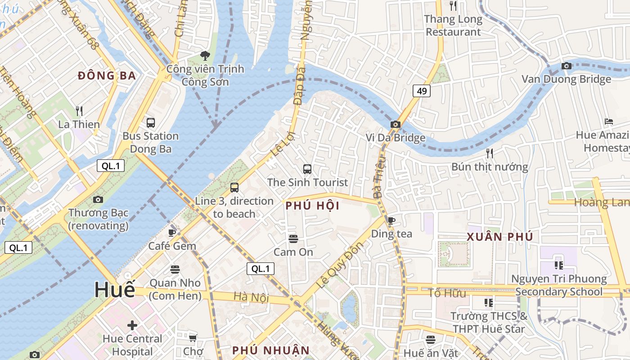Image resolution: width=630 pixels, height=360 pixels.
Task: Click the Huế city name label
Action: (114, 289)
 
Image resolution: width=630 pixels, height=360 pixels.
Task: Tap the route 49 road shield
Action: (422, 91)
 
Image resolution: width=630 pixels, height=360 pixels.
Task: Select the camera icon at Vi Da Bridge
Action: (396, 125)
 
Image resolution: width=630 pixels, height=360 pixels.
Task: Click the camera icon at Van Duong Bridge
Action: (567, 66)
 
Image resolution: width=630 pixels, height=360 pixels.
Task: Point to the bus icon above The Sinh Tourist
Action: (307, 169)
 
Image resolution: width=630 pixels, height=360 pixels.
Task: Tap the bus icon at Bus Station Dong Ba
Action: (151, 122)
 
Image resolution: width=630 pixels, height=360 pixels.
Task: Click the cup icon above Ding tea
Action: (391, 220)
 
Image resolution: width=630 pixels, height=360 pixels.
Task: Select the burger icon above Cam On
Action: (293, 238)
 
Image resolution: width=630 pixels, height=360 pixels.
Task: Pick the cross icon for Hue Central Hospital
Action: (132, 325)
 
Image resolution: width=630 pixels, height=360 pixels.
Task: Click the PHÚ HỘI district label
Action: (312, 206)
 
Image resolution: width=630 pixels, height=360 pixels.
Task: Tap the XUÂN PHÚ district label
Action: (499, 237)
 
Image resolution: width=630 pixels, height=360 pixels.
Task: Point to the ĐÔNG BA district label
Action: (107, 76)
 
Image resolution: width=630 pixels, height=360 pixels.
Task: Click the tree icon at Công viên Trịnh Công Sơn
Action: (205, 56)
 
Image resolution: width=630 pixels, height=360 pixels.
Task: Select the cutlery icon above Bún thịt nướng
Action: (490, 153)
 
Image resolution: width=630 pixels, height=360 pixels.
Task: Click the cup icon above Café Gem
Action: (171, 233)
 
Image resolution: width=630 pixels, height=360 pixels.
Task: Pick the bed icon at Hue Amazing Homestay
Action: (609, 121)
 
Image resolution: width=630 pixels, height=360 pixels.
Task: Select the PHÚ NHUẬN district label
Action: (271, 350)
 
